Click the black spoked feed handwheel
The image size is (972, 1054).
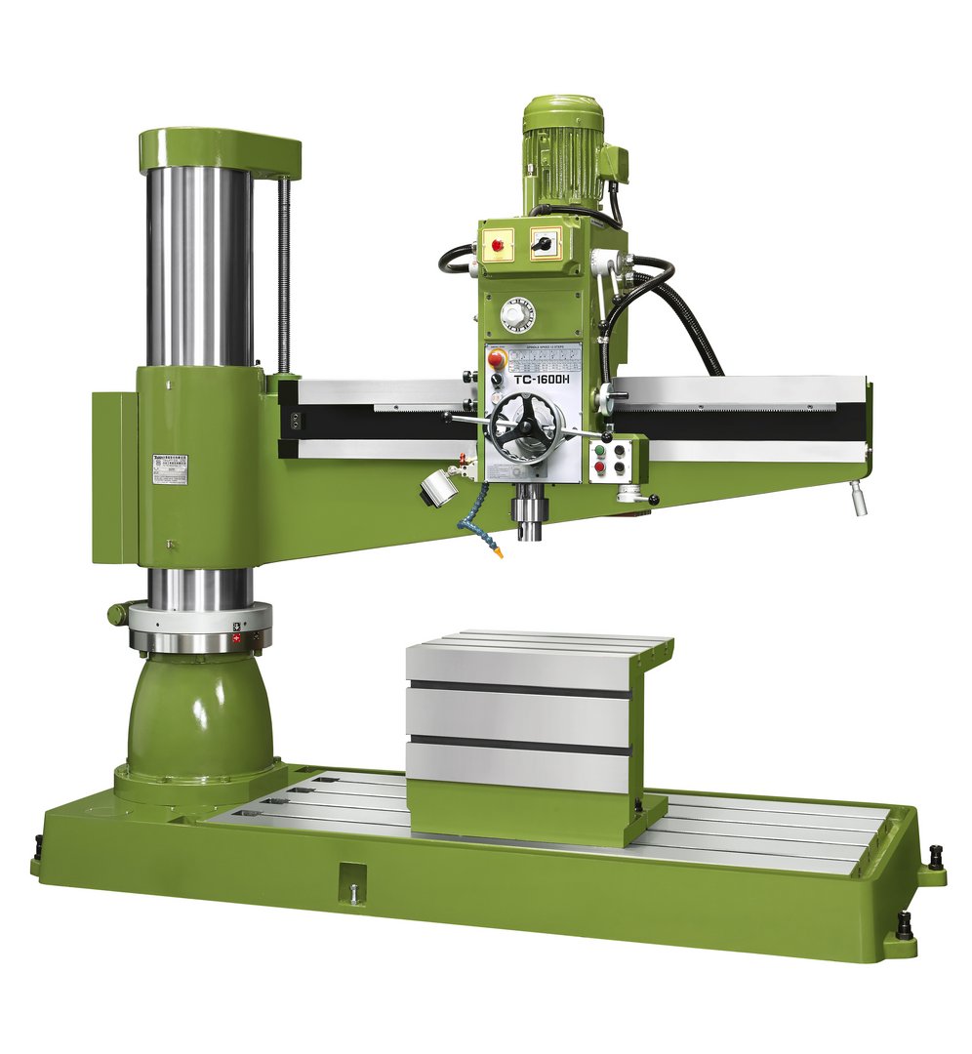coord(525,427)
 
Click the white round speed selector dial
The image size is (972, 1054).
coord(518,314)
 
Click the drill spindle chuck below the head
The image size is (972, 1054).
coord(530,518)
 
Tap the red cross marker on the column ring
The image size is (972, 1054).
coord(236,635)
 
